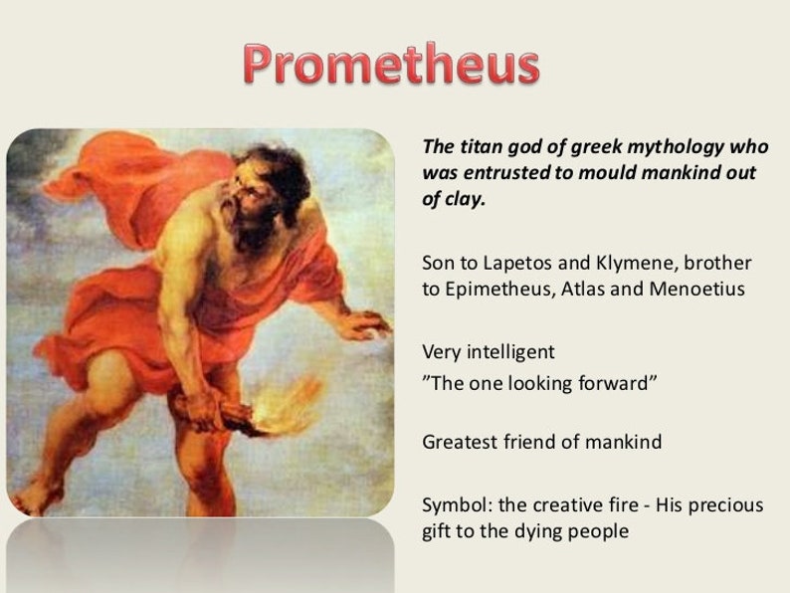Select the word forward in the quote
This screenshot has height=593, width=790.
(x=616, y=382)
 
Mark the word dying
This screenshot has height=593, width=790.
(x=546, y=531)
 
